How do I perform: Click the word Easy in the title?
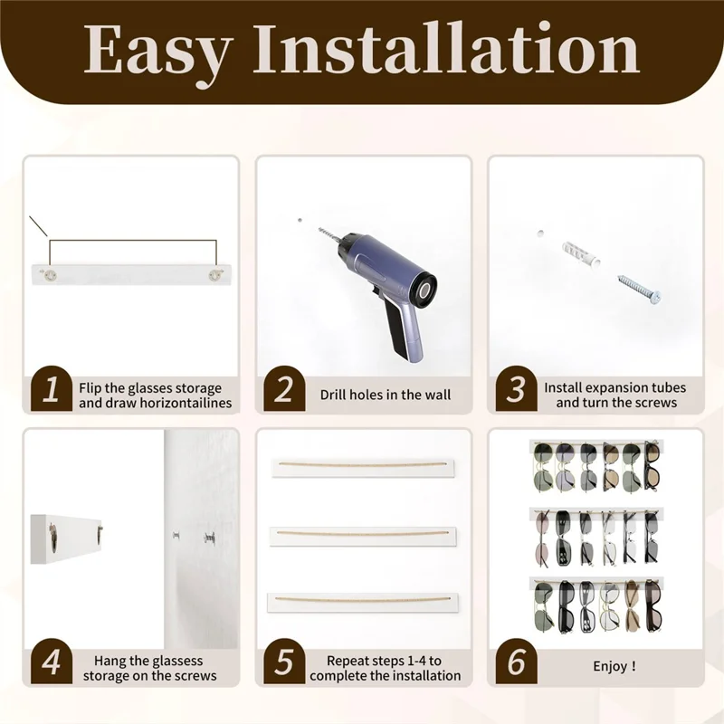(157, 50)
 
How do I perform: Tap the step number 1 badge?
(52, 389)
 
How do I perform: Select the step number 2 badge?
(284, 389)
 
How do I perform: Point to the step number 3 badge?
(516, 389)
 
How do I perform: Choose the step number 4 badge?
(52, 662)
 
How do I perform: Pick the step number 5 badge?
(284, 662)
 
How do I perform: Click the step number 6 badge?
(516, 662)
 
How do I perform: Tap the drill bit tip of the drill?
(319, 228)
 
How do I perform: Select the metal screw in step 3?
(639, 289)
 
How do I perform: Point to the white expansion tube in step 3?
(582, 255)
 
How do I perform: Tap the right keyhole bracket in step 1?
(214, 275)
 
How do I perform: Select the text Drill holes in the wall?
(386, 395)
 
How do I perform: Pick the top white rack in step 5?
(363, 468)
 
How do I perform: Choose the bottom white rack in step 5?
(363, 603)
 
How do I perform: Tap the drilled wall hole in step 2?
(300, 221)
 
